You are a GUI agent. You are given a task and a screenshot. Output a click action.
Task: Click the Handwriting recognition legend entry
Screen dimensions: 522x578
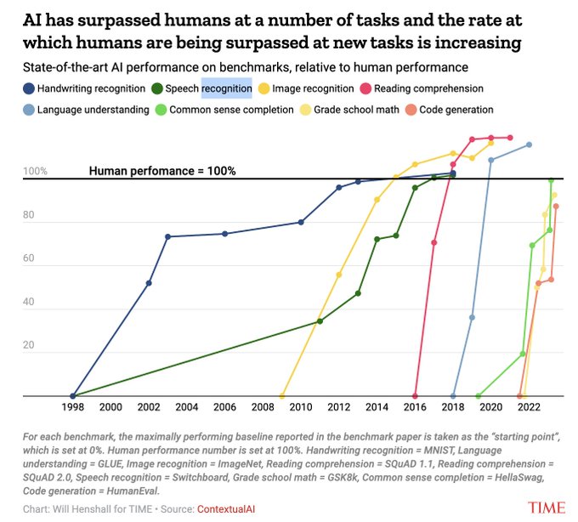click(x=85, y=88)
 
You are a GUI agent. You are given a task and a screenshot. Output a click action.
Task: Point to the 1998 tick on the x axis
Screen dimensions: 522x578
click(x=73, y=408)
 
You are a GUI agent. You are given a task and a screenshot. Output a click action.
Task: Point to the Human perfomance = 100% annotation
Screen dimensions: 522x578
click(x=162, y=171)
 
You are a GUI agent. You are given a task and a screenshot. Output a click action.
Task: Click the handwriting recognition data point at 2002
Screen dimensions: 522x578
click(x=149, y=283)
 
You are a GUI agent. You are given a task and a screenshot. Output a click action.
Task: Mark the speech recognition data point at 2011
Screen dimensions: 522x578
click(x=320, y=321)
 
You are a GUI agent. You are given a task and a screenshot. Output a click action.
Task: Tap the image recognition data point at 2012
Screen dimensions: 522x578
click(x=339, y=275)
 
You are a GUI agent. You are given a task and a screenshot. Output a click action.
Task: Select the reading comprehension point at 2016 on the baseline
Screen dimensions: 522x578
click(x=415, y=396)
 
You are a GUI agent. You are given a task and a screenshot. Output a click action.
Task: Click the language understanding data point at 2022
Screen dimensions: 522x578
click(x=529, y=145)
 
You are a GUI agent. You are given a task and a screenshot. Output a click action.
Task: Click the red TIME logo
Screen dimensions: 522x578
click(x=545, y=508)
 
